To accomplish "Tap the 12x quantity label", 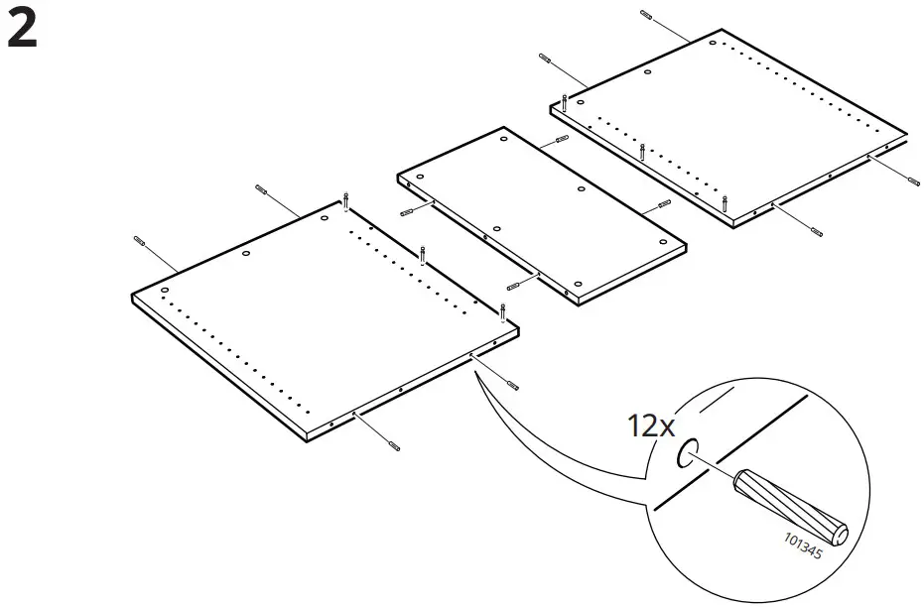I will (x=650, y=426).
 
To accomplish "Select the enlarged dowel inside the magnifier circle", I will (x=790, y=505).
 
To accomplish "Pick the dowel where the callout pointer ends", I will (x=511, y=385).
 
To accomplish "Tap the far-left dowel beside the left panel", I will (x=139, y=241).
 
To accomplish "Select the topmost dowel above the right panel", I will (x=647, y=15).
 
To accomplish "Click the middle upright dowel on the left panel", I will (x=423, y=255).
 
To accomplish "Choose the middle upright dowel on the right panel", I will (x=642, y=152).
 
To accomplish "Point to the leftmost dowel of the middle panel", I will (x=405, y=213).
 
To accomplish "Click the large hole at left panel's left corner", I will (x=165, y=291).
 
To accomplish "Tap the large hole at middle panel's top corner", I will (x=504, y=141).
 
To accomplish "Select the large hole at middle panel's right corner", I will (x=660, y=243).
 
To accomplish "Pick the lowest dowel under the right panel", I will (x=817, y=232).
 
